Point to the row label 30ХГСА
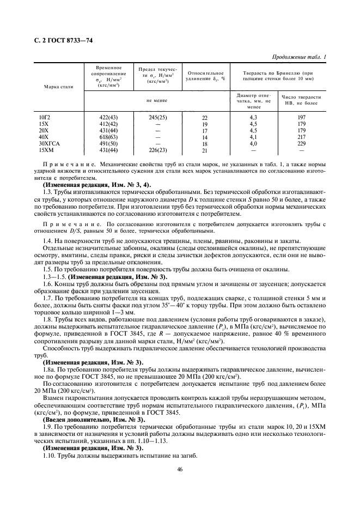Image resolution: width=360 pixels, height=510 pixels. [x=48, y=143]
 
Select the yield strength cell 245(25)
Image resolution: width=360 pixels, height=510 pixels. [x=157, y=117]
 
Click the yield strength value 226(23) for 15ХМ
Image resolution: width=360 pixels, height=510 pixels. [x=157, y=150]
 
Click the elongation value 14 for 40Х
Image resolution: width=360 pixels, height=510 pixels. [x=205, y=137]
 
